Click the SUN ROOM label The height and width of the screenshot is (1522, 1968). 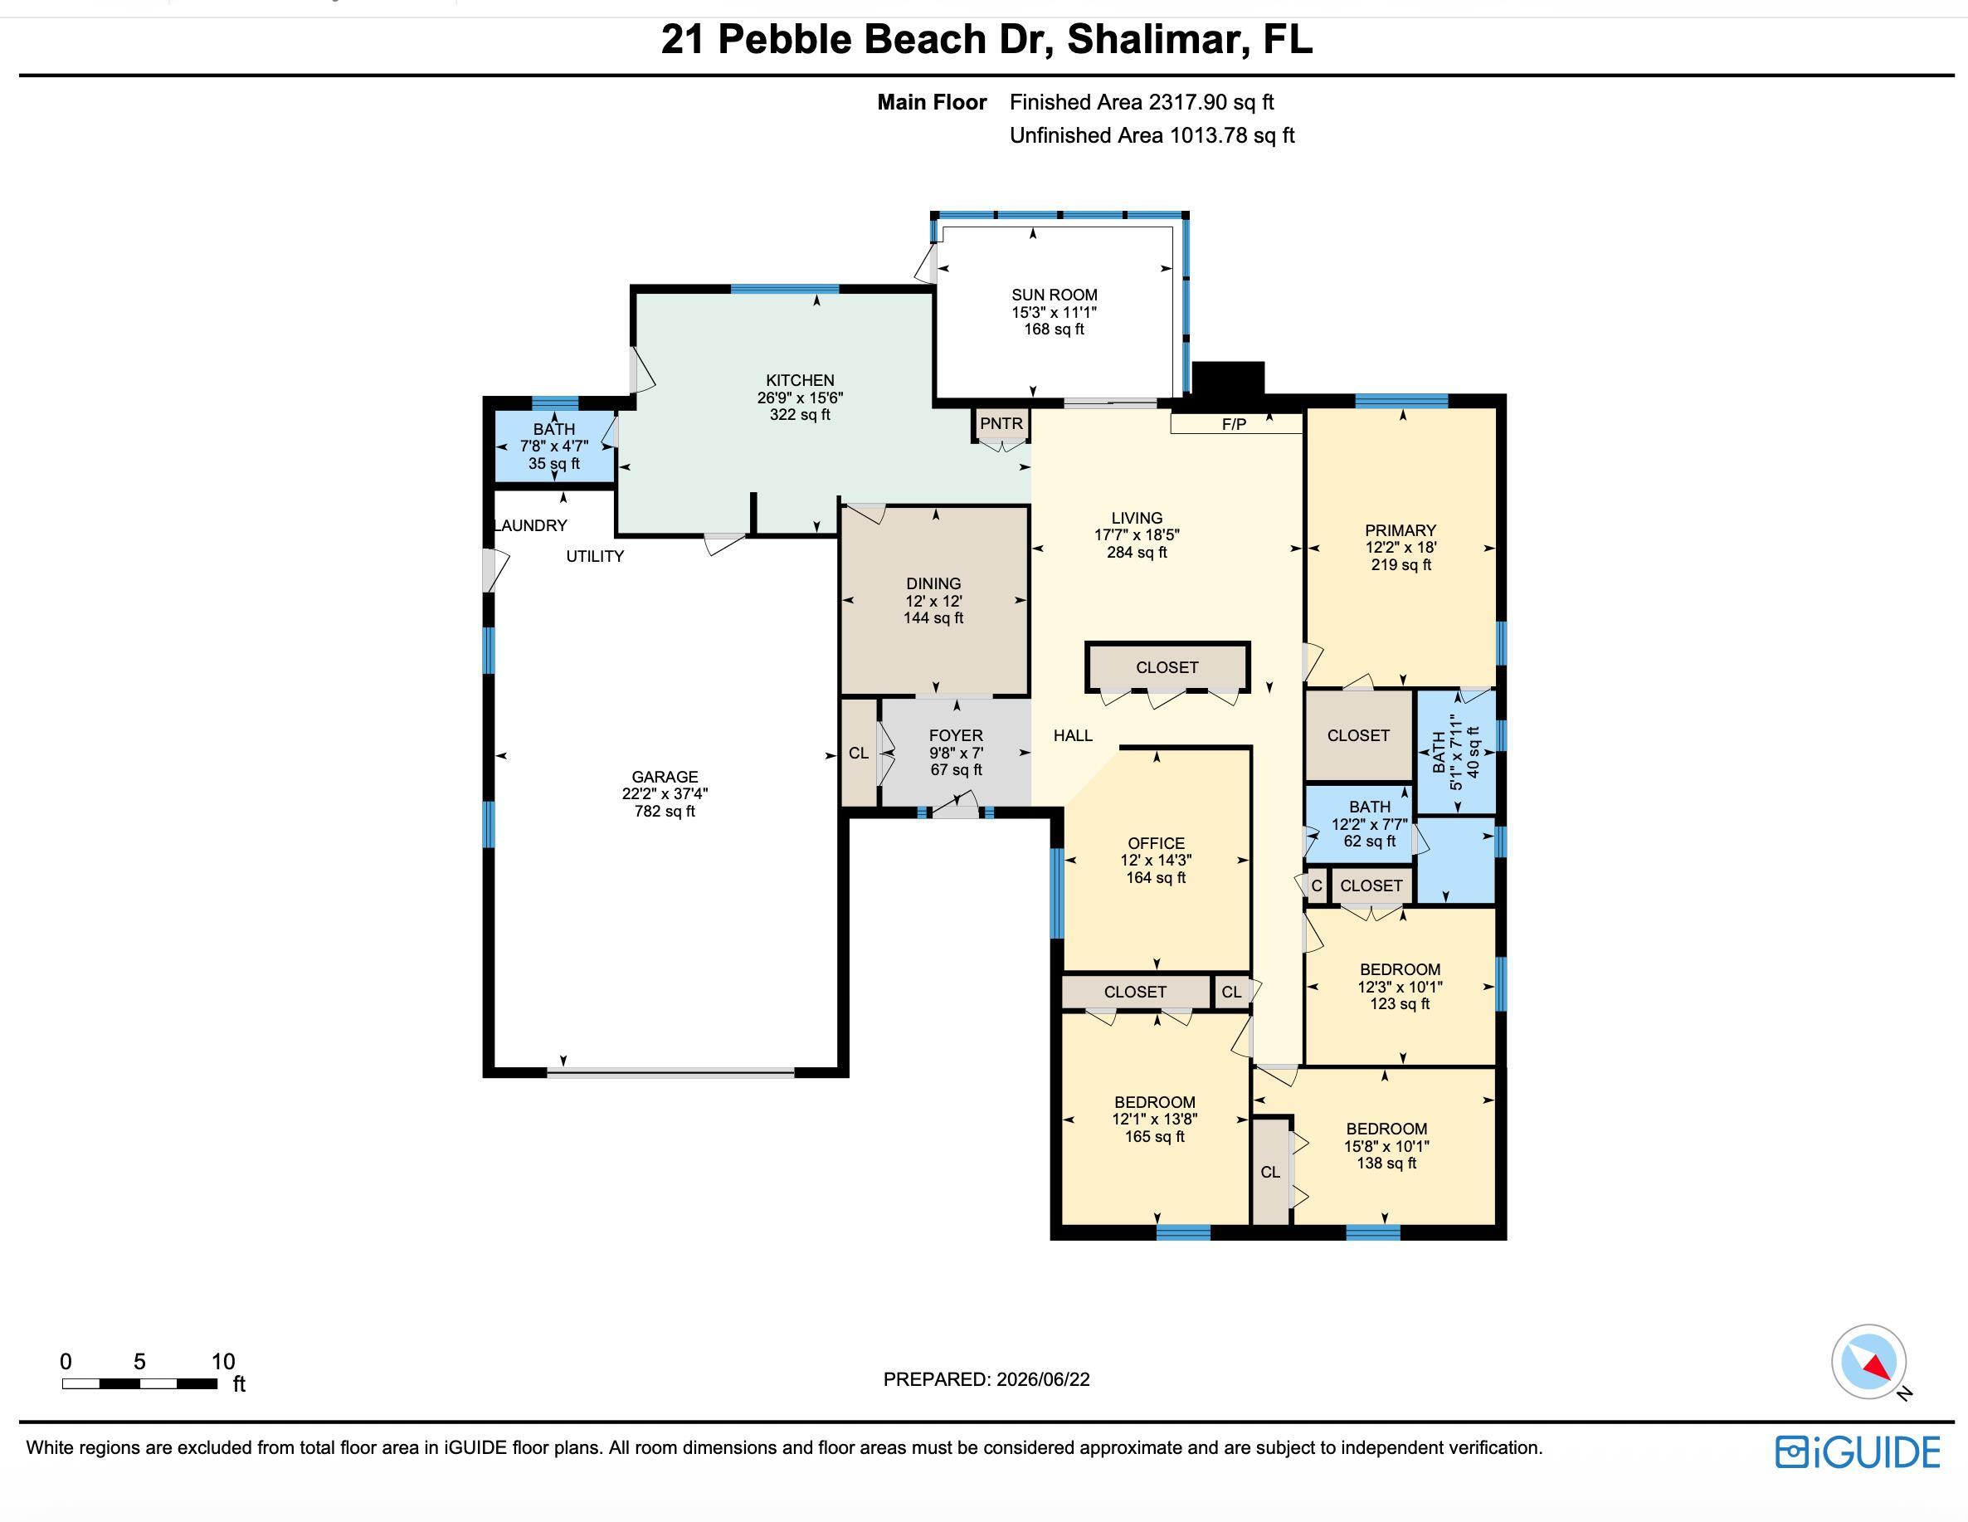[1055, 295]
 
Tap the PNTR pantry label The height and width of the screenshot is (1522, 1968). [1001, 423]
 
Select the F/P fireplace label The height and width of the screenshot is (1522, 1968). [1234, 424]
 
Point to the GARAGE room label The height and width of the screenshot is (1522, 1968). [665, 777]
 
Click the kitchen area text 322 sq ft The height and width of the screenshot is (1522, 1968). [800, 414]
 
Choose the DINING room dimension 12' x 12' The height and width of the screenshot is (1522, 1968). [933, 601]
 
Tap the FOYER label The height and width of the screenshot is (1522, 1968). [956, 735]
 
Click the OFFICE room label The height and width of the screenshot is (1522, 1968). [1156, 843]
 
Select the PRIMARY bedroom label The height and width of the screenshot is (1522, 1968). [1400, 531]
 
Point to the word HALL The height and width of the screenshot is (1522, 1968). [1074, 735]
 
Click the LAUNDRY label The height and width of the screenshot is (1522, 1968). [531, 525]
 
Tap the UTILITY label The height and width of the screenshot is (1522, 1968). [595, 556]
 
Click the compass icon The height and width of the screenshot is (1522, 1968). [1869, 1362]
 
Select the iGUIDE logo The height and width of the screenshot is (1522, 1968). [1858, 1451]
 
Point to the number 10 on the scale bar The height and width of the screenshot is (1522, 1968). [223, 1362]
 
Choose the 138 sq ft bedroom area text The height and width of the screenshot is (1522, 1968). [1386, 1163]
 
